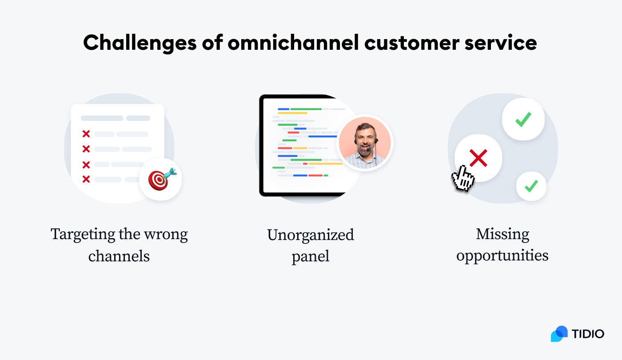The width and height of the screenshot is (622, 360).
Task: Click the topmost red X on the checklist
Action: (x=86, y=134)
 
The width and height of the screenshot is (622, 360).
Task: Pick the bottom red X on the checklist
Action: (x=86, y=179)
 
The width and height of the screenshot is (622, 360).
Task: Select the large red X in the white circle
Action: (x=478, y=158)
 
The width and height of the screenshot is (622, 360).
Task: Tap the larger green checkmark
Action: (x=523, y=119)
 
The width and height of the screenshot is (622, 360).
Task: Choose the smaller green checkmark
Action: (x=531, y=186)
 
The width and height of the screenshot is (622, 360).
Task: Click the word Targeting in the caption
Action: (x=83, y=234)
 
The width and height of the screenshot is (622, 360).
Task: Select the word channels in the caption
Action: (x=119, y=256)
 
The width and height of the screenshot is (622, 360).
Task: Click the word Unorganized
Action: (x=311, y=235)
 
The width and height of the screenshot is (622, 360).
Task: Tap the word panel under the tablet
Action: (x=311, y=256)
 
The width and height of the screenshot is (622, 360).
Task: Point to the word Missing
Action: (x=502, y=234)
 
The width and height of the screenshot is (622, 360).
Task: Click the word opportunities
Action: (x=502, y=256)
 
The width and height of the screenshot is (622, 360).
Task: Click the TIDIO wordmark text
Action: (x=588, y=334)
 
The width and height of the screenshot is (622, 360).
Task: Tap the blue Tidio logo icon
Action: (x=559, y=334)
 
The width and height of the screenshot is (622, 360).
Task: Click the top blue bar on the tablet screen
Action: (x=283, y=109)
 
